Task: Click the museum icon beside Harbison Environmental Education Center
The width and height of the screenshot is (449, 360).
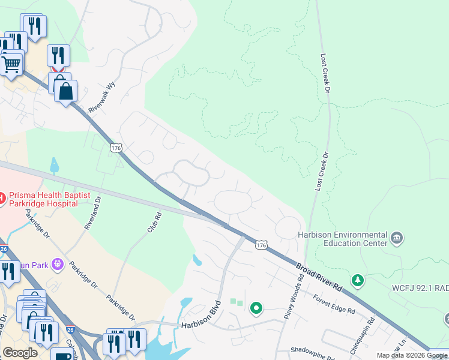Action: point(397,238)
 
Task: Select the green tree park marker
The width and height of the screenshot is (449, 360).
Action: point(358,280)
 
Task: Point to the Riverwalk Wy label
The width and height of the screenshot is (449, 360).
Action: point(101,98)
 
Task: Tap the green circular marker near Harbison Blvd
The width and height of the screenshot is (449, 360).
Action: point(256,308)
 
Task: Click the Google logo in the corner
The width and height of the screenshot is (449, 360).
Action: point(20,353)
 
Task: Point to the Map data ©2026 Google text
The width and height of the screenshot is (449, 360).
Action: point(412,355)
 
